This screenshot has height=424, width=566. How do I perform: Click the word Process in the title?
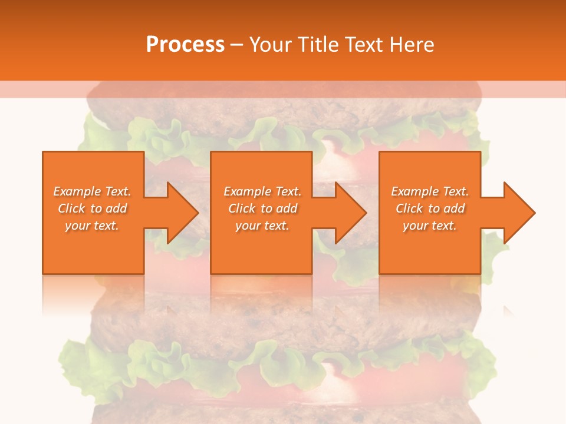tap(185, 44)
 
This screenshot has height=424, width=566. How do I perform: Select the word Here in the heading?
tap(413, 44)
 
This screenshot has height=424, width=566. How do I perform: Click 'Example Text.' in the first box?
tap(92, 191)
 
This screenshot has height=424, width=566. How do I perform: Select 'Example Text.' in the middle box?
tap(262, 191)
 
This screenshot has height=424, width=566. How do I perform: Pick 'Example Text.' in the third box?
tap(430, 191)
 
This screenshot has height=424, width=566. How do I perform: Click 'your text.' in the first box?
tap(92, 226)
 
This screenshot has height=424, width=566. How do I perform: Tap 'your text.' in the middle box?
tap(262, 226)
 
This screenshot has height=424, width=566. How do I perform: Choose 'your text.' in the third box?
tap(430, 226)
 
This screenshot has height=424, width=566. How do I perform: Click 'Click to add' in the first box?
tap(92, 208)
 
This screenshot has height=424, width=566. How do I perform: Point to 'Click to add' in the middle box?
tap(262, 208)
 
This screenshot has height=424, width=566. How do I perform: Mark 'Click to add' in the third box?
tap(430, 208)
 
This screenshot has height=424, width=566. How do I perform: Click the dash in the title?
tap(237, 45)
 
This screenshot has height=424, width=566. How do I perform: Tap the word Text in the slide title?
tap(361, 44)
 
